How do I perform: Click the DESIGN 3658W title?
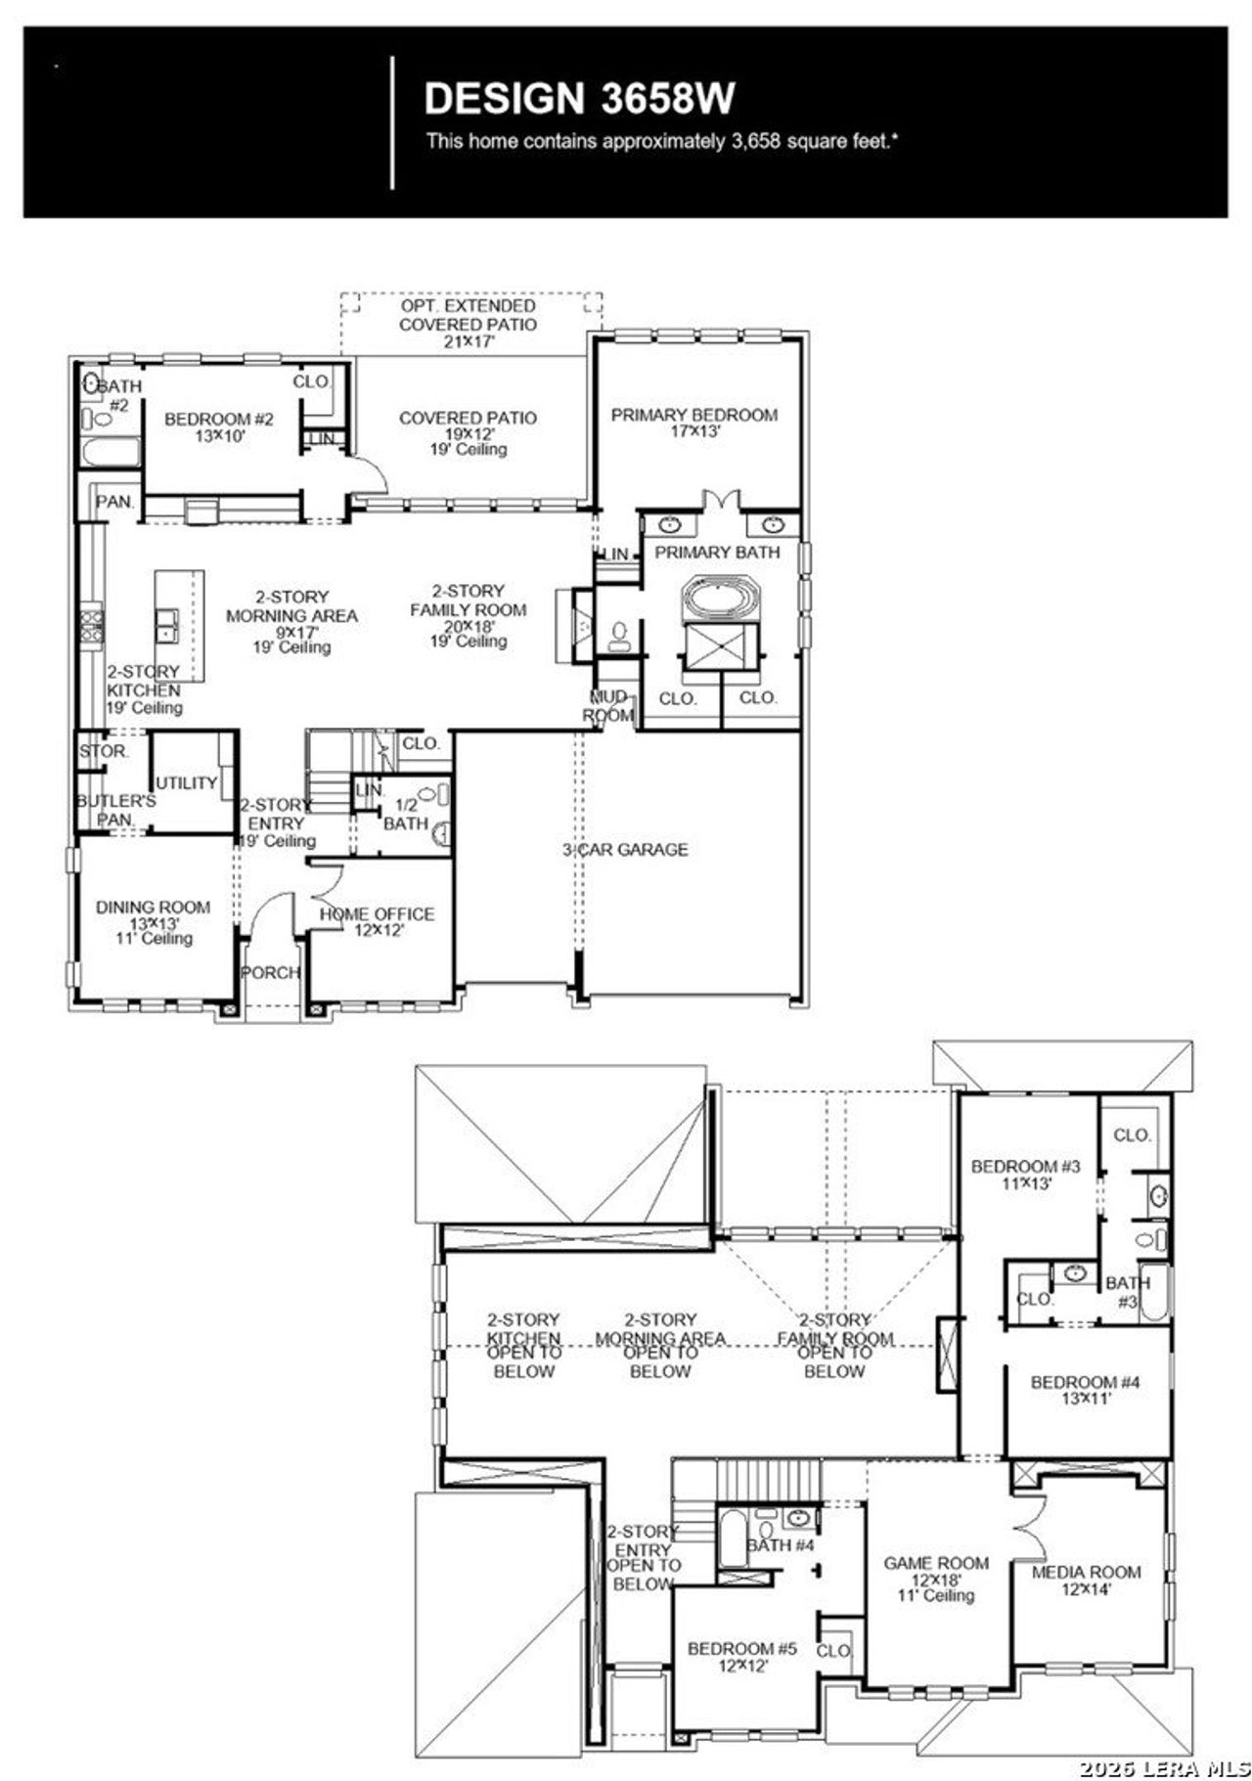[x=579, y=99]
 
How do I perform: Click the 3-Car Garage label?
[x=625, y=850]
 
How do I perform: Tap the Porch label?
[x=270, y=972]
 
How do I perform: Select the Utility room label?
[x=186, y=782]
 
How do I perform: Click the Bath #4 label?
[x=781, y=1545]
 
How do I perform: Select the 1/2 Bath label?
[x=405, y=814]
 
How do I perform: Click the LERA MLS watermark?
[x=1164, y=1767]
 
